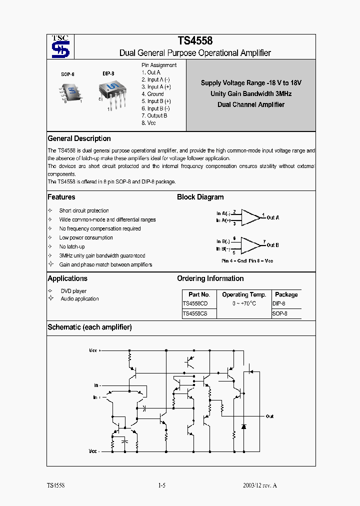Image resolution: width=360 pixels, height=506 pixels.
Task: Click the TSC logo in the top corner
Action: pos(60,46)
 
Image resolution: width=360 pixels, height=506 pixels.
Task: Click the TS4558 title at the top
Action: pos(195,41)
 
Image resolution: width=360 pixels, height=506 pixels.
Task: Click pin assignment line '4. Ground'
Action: pos(152,94)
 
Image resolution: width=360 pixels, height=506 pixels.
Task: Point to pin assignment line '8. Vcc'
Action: pos(148,123)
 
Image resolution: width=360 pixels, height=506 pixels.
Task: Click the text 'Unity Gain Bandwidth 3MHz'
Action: pos(251,93)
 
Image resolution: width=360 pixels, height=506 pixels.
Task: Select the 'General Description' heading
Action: pos(79,138)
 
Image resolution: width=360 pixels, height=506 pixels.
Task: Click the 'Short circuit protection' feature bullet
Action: pos(83,211)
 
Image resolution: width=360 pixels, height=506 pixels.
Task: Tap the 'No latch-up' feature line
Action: pos(72,247)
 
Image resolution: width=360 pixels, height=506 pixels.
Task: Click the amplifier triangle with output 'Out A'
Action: pos(251,217)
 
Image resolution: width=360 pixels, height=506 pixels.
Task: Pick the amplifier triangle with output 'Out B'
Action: pos(251,245)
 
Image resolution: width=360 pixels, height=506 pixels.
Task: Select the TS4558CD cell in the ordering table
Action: pos(195,303)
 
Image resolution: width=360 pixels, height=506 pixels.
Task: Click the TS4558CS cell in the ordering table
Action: pos(195,314)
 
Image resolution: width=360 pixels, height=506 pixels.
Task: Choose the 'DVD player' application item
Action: pos(73,291)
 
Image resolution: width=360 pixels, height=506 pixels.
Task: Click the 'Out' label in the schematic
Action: pos(269,416)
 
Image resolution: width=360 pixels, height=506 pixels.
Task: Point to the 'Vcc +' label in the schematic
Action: pos(94,350)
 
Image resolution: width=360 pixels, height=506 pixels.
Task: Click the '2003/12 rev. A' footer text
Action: pos(259,485)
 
